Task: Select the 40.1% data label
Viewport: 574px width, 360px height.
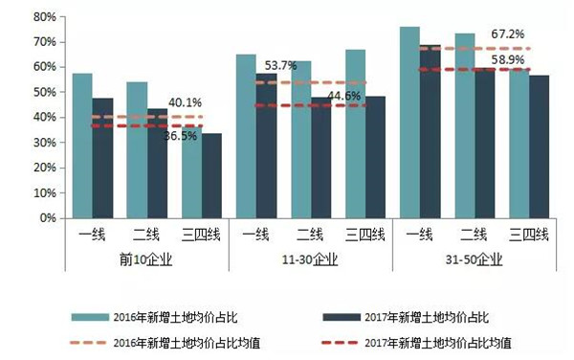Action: [x=186, y=102]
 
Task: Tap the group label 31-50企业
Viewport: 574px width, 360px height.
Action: [x=475, y=258]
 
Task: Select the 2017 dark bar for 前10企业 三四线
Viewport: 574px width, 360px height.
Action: [x=211, y=175]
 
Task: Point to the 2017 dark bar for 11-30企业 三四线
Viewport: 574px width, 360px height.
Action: [x=375, y=157]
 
